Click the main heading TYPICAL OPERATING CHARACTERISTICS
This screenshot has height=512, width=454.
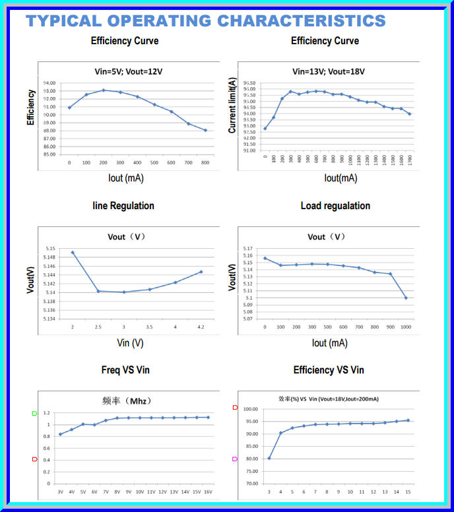[x=205, y=20]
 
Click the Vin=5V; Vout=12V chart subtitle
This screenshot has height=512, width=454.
[x=125, y=71]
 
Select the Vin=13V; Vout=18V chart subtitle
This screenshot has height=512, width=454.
[x=328, y=71]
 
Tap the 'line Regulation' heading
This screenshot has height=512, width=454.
[x=123, y=206]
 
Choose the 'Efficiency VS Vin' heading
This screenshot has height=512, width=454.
[x=329, y=370]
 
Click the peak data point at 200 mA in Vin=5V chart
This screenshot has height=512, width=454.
[x=103, y=90]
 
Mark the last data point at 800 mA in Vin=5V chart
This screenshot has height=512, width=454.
[x=205, y=130]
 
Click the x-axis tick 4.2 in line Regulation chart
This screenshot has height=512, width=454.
[x=201, y=327]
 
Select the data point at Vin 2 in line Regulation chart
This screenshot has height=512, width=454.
[x=73, y=252]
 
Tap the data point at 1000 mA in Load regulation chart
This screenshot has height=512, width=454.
[x=406, y=298]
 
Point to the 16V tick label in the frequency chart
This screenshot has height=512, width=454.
[x=208, y=492]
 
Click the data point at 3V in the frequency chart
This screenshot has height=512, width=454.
[x=60, y=434]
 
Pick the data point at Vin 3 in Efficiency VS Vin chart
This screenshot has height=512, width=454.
[x=269, y=458]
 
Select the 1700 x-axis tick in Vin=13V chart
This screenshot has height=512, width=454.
[x=410, y=158]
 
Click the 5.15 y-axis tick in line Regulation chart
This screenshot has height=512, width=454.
[x=50, y=248]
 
